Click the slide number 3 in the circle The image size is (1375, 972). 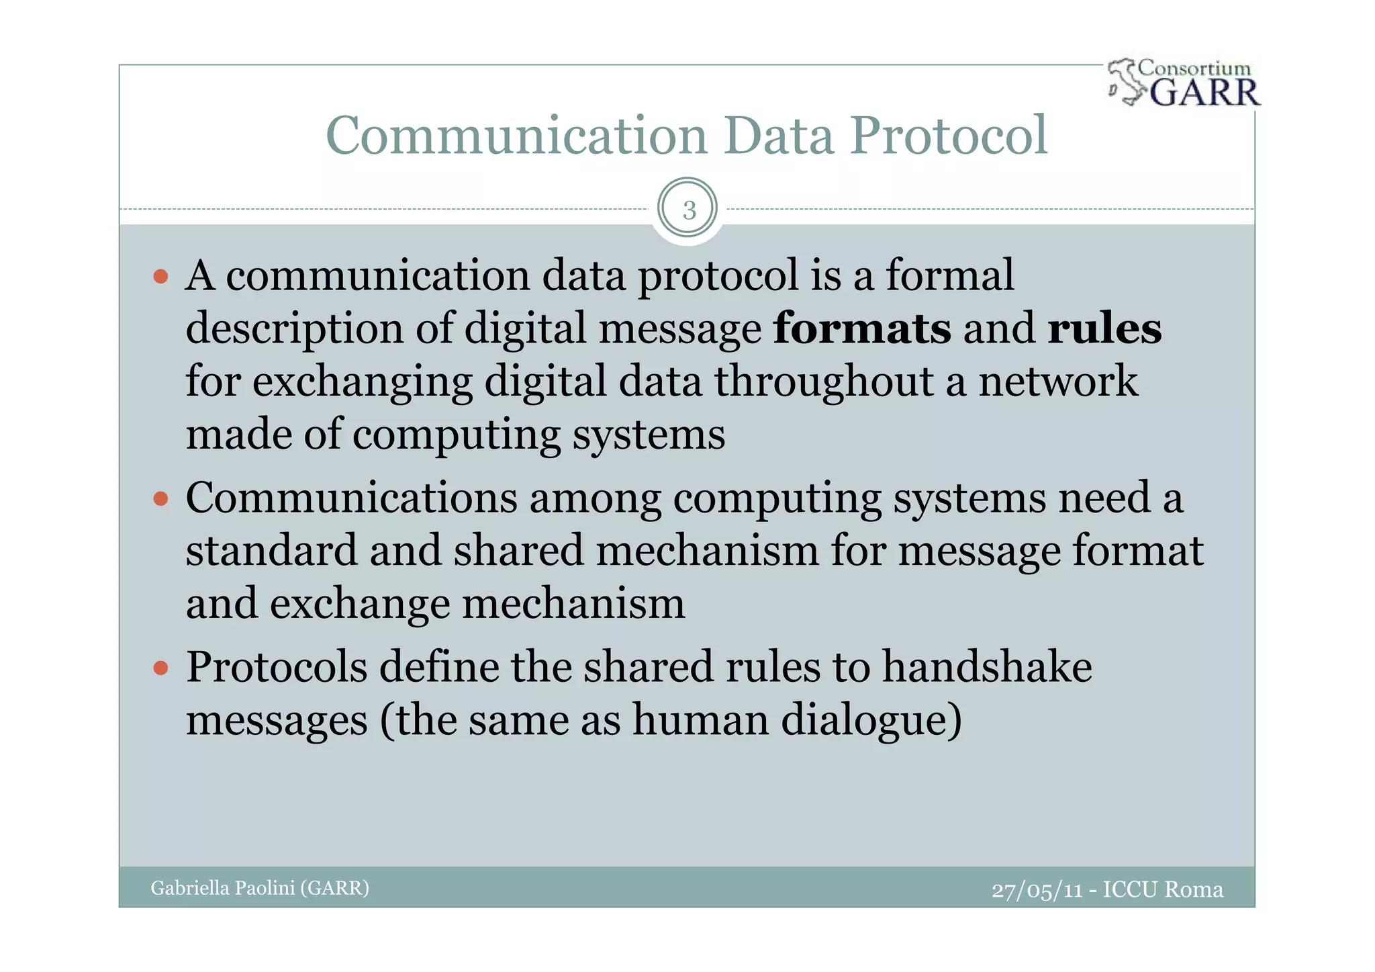(689, 210)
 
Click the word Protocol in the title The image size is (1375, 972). (949, 136)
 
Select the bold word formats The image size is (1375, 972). (862, 328)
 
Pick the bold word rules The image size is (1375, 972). (1104, 328)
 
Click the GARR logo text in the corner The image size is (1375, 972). (1205, 93)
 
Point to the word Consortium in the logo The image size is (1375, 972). (1195, 69)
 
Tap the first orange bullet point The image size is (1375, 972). (160, 276)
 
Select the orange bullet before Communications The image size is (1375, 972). (160, 498)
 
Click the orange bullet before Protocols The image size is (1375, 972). (160, 668)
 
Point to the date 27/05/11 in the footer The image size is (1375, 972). (1037, 890)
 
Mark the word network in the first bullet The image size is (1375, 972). (1058, 382)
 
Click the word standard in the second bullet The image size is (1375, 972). (271, 551)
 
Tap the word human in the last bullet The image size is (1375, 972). (700, 720)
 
